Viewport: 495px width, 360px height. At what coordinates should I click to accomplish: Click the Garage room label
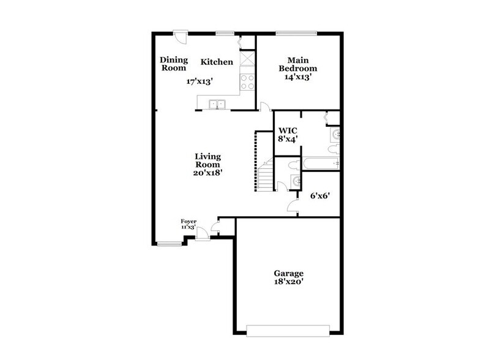[288, 273]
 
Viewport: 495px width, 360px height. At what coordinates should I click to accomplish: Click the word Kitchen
[217, 62]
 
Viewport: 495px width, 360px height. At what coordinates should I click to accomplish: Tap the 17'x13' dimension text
[200, 81]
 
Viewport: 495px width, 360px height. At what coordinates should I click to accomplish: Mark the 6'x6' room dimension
[319, 197]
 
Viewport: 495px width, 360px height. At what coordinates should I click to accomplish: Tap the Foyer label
[188, 221]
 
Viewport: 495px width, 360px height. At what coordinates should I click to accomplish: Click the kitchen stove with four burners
[248, 82]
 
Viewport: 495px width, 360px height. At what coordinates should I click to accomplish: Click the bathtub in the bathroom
[320, 163]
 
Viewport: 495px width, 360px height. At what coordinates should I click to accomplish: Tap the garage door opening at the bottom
[287, 331]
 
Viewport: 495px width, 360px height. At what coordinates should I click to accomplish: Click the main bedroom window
[296, 32]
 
